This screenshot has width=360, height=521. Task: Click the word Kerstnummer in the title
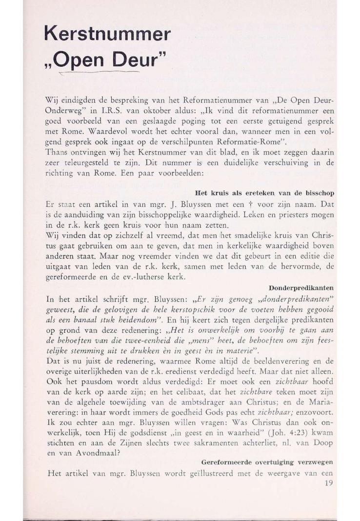pyautogui.click(x=107, y=34)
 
